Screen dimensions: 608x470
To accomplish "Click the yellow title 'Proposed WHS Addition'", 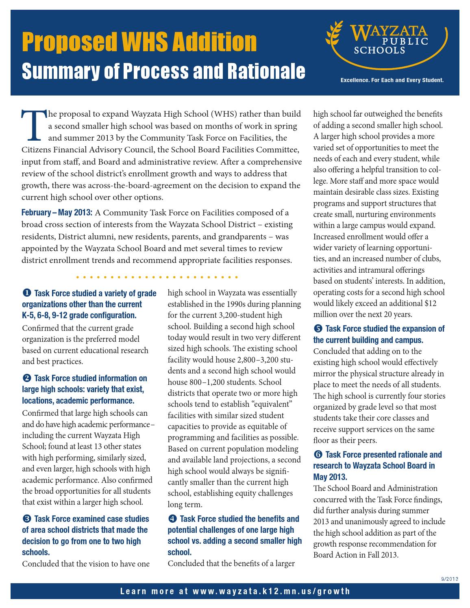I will coord(139,42).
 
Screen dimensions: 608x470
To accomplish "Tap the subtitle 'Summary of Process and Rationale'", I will coord(163,71).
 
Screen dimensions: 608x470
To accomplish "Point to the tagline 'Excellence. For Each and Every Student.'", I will coord(392,80).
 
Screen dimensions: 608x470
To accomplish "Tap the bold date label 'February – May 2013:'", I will coord(57,213).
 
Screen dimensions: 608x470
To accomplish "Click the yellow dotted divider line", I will coord(157,278).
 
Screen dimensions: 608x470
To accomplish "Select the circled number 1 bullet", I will coord(26,293).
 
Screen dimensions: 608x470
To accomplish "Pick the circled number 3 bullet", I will coord(26,519).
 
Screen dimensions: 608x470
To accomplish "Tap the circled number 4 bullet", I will coord(172,519).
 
